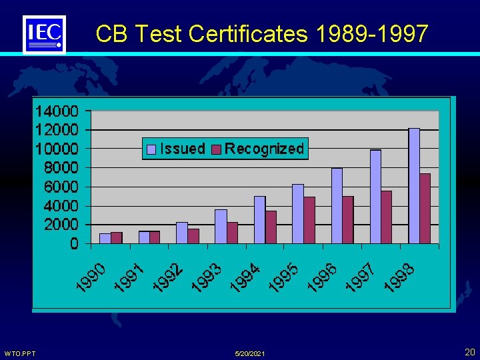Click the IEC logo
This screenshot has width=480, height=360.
tap(45, 34)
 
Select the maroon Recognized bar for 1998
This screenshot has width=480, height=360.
tap(425, 209)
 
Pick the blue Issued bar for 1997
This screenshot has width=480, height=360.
tap(375, 197)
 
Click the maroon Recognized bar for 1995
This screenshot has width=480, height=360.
tap(309, 220)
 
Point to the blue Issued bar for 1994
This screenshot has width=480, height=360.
tap(259, 220)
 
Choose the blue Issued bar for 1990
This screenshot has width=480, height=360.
tap(105, 239)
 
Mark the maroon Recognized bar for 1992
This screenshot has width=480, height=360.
tap(193, 236)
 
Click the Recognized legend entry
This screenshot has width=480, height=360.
tap(258, 149)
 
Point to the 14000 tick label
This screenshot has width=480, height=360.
tap(57, 110)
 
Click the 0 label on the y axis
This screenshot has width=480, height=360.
tap(74, 245)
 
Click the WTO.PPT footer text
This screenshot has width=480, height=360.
tap(20, 353)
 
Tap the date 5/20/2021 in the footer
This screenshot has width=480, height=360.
tap(250, 353)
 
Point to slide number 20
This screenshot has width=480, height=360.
tap(469, 351)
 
